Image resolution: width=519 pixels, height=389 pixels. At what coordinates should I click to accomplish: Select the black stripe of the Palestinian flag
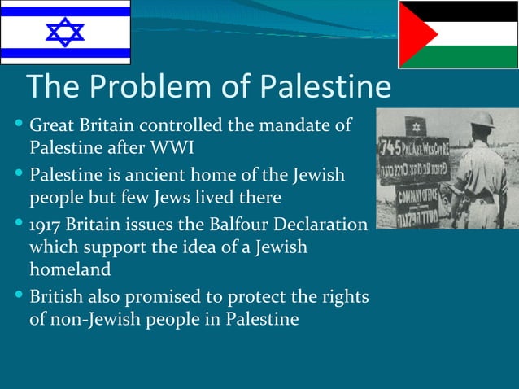[x=472, y=11]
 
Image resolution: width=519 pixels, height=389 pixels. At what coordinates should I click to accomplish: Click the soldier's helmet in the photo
[x=481, y=120]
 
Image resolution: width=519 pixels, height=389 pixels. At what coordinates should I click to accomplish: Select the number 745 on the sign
[x=395, y=151]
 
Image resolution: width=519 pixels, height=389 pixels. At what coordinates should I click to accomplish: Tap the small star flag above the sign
[x=416, y=127]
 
